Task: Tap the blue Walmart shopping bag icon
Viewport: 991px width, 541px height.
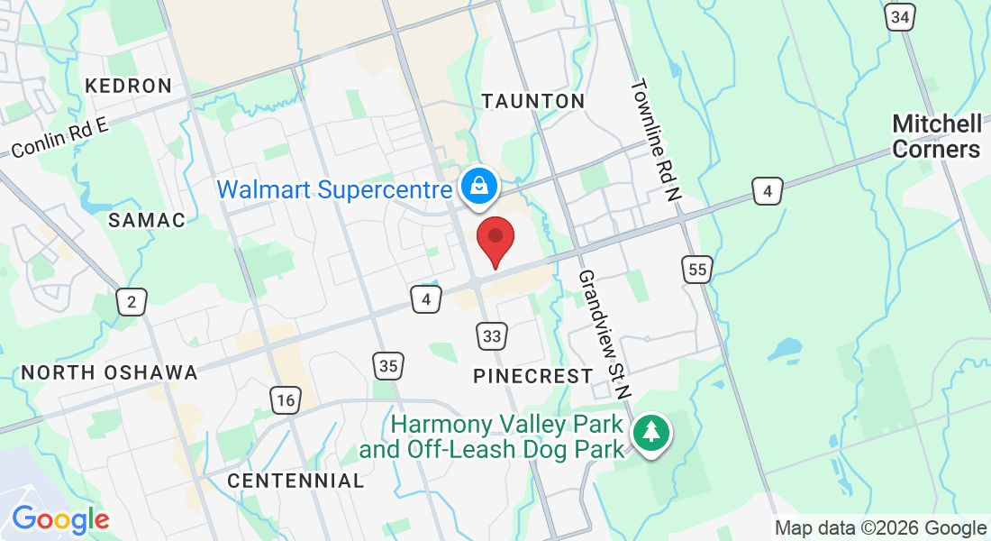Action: pyautogui.click(x=479, y=187)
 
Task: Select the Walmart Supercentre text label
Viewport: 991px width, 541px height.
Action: pyautogui.click(x=334, y=190)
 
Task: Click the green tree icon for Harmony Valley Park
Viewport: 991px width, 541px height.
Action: pyautogui.click(x=649, y=433)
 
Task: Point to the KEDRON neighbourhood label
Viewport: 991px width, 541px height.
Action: pyautogui.click(x=128, y=87)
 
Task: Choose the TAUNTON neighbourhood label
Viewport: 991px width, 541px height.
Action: pyautogui.click(x=533, y=101)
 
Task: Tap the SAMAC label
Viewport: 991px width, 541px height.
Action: pyautogui.click(x=147, y=220)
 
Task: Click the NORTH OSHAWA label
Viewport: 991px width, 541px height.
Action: pyautogui.click(x=109, y=372)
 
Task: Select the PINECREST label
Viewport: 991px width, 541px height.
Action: pyautogui.click(x=533, y=376)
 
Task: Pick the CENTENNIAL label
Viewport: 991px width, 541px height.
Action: pyautogui.click(x=295, y=481)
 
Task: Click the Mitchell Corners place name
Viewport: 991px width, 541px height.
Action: pyautogui.click(x=937, y=136)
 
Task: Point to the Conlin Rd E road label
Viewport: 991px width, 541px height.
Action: pyautogui.click(x=59, y=139)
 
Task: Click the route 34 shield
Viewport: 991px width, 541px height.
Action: pyautogui.click(x=900, y=17)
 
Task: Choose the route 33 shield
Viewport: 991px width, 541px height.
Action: pyautogui.click(x=491, y=336)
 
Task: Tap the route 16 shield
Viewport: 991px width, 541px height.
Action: pyautogui.click(x=285, y=400)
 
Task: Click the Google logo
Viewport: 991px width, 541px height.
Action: pyautogui.click(x=60, y=519)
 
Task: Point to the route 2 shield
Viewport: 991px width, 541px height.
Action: pyautogui.click(x=132, y=301)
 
